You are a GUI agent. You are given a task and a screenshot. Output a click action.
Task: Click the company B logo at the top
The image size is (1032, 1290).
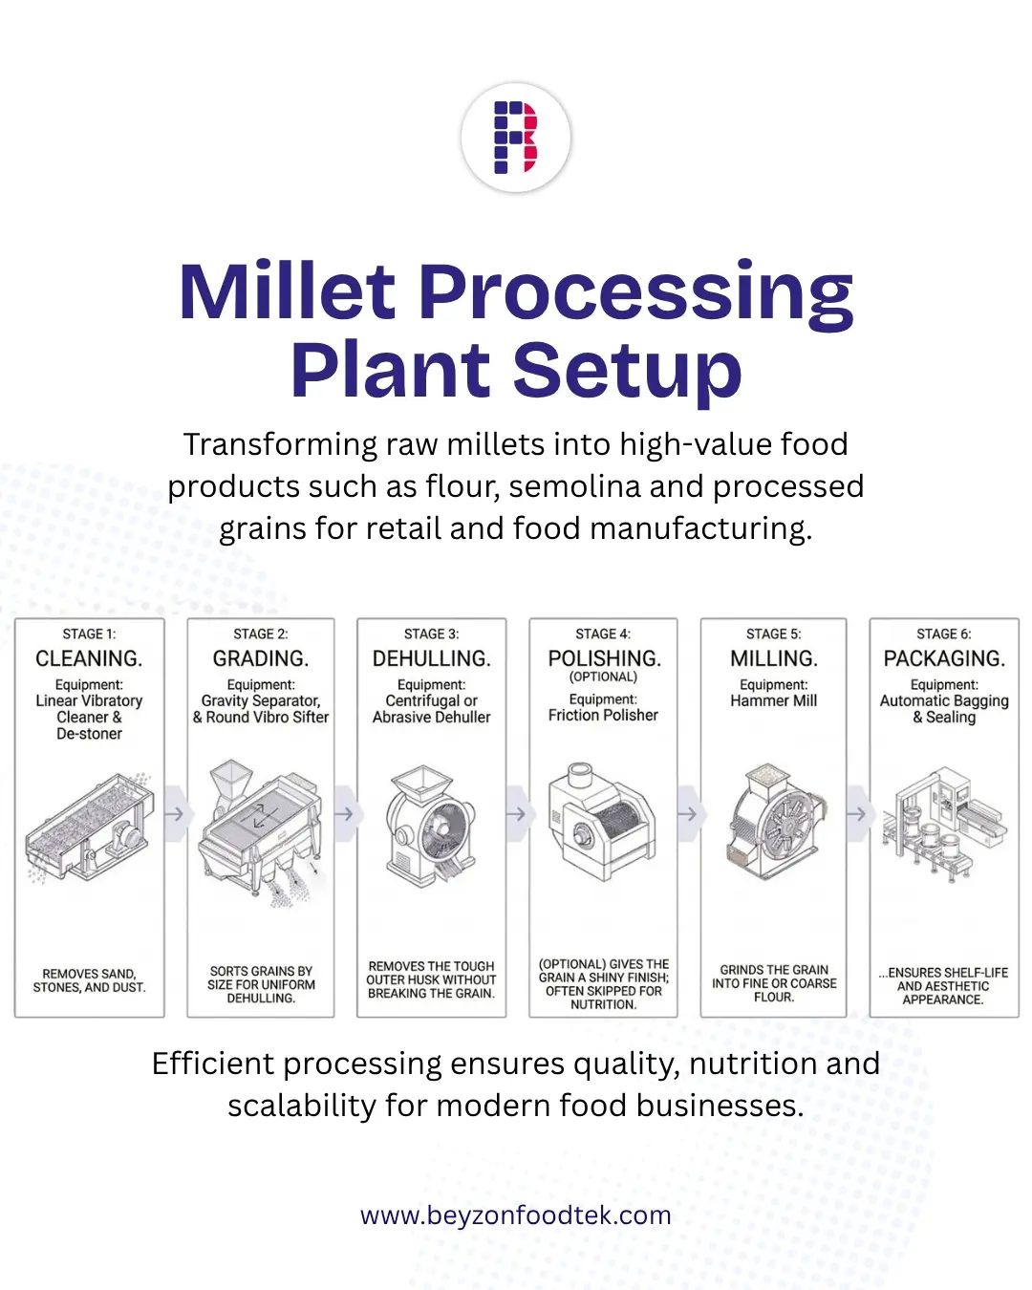point(516,138)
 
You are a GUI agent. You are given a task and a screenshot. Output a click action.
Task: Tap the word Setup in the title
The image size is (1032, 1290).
point(628,371)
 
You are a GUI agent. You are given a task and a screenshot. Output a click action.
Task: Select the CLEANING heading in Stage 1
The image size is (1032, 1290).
point(89,658)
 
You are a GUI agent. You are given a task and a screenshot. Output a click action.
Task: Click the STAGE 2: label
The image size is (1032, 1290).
point(260,634)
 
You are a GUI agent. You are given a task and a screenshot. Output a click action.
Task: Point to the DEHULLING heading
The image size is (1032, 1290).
point(431,658)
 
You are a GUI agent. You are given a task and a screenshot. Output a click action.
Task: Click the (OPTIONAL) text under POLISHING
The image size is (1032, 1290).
point(603,677)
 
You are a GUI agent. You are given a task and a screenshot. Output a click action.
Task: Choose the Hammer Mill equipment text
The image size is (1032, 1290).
point(773,700)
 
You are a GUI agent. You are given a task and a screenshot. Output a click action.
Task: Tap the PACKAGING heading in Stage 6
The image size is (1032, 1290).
point(944,658)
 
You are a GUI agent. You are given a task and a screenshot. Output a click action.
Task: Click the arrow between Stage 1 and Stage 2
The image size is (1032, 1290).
point(175,814)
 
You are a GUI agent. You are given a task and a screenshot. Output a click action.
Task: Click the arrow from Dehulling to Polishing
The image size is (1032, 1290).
point(517,814)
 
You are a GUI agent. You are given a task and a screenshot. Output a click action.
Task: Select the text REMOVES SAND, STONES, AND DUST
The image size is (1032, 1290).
point(89,980)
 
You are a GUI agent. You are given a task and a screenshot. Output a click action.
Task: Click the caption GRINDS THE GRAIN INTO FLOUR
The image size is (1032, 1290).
point(773,983)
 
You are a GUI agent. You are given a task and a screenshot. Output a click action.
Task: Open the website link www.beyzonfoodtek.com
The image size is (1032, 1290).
point(516,1215)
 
